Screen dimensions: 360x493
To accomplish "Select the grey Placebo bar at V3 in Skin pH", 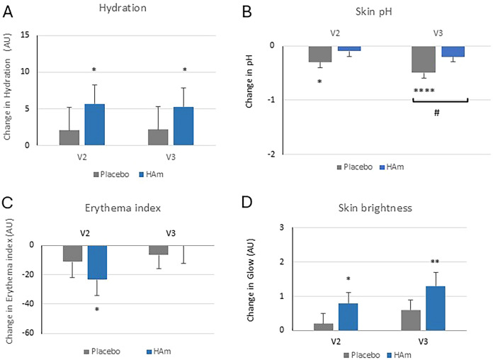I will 424,60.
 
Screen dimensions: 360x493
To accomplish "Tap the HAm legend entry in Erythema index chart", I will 163,350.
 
